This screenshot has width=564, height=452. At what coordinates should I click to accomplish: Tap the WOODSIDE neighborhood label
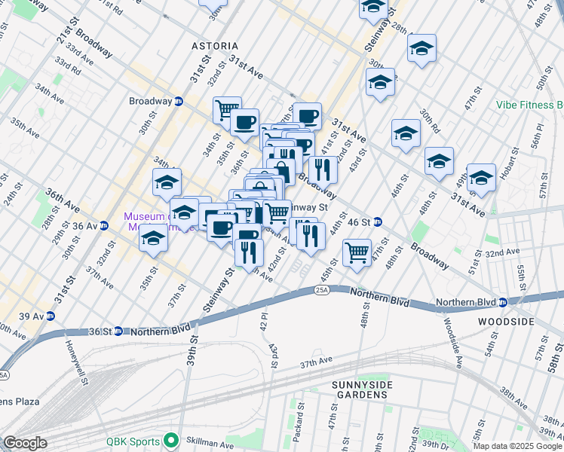pyautogui.click(x=505, y=322)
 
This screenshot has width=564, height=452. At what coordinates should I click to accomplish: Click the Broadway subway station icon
pyautogui.click(x=179, y=102)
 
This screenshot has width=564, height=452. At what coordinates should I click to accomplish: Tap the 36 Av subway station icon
pyautogui.click(x=104, y=226)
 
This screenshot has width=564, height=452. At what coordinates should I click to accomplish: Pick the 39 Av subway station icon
pyautogui.click(x=51, y=316)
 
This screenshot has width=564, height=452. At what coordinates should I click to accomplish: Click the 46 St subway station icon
pyautogui.click(x=378, y=221)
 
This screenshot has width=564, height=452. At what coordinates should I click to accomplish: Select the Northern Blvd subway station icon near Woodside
pyautogui.click(x=503, y=303)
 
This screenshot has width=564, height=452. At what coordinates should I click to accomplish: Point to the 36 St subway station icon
pyautogui.click(x=118, y=331)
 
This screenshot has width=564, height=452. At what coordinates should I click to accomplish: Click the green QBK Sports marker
pyautogui.click(x=171, y=441)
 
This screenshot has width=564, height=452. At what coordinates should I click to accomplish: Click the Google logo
pyautogui.click(x=25, y=443)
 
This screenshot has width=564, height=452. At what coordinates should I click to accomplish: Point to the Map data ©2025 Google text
pyautogui.click(x=516, y=446)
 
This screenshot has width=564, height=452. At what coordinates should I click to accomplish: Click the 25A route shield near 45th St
pyautogui.click(x=322, y=289)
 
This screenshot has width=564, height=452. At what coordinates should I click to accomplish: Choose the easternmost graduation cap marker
pyautogui.click(x=481, y=179)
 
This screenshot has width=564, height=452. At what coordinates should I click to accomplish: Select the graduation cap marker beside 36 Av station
pyautogui.click(x=153, y=239)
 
